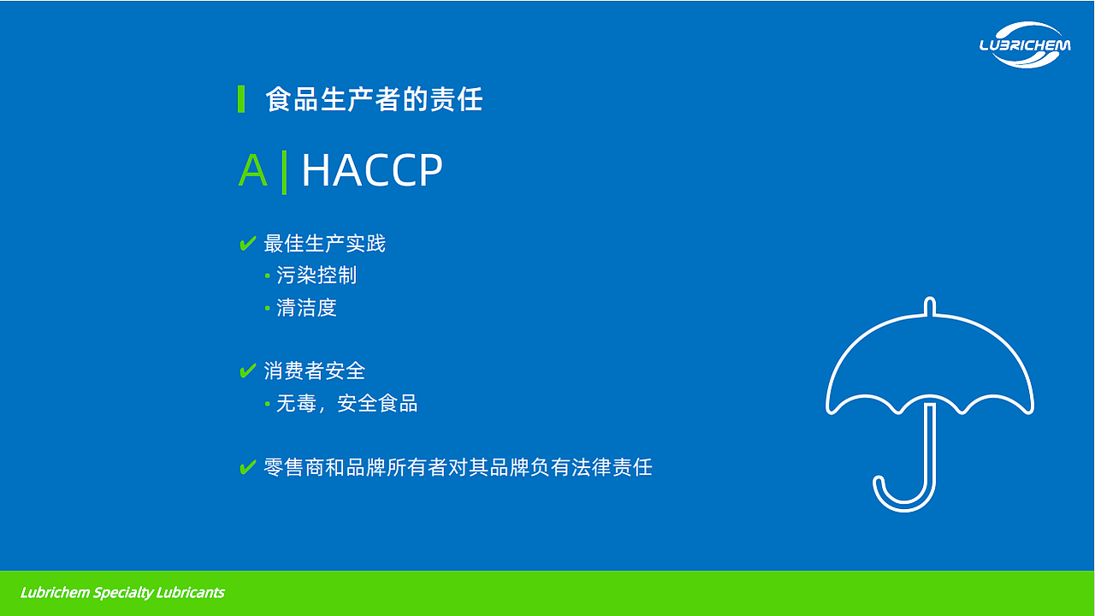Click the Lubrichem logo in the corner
tap(1024, 44)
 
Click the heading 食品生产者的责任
tap(374, 99)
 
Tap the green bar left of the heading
tap(241, 99)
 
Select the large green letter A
tap(252, 170)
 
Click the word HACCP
tap(372, 170)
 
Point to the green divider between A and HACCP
tap(284, 171)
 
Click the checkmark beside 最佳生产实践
tap(247, 244)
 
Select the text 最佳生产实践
tap(324, 244)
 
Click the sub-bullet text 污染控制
tap(317, 275)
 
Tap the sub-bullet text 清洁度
tap(306, 308)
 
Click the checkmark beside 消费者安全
tap(247, 371)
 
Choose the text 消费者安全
tap(314, 371)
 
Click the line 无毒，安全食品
tap(346, 403)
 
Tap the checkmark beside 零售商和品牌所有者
tap(247, 468)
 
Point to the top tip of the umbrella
tap(930, 302)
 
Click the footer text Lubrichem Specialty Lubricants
tap(122, 593)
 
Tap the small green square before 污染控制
tap(268, 275)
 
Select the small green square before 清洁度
tap(268, 308)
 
